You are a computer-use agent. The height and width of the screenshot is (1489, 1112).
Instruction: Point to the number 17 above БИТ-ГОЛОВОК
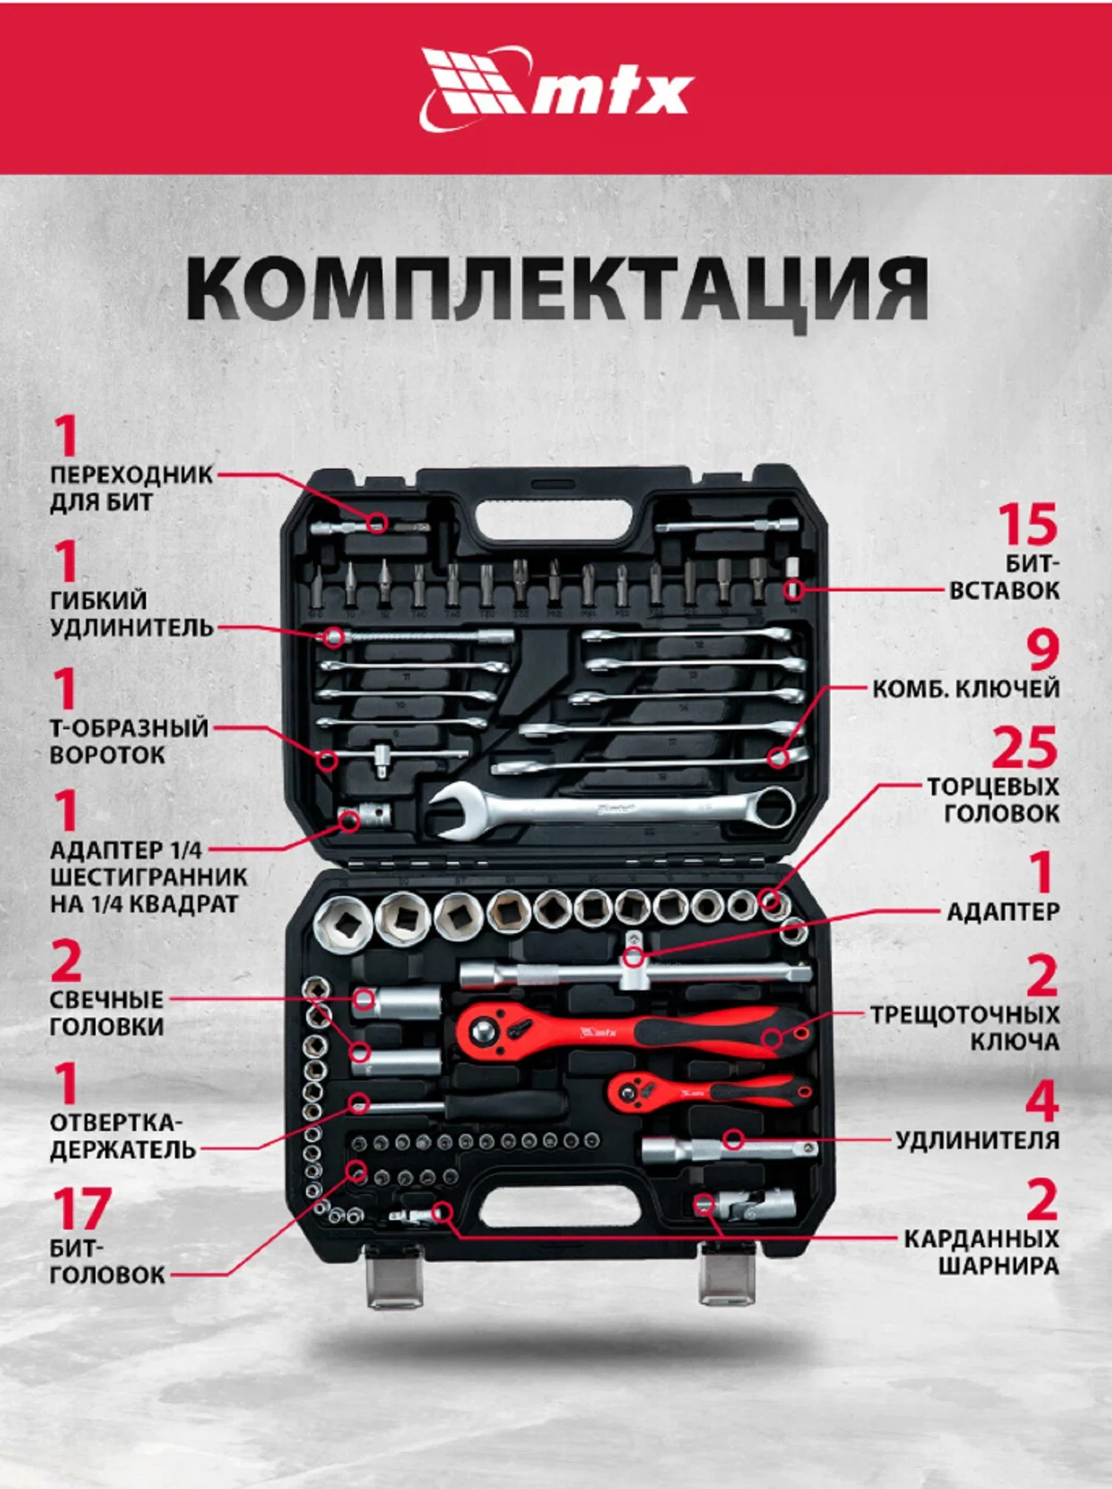tap(82, 1210)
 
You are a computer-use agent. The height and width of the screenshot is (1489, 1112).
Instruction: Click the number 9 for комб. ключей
tap(1042, 650)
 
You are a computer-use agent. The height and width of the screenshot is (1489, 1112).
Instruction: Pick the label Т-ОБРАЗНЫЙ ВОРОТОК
tap(128, 741)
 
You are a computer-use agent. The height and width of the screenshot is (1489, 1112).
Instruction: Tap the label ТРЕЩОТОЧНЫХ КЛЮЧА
tap(964, 1028)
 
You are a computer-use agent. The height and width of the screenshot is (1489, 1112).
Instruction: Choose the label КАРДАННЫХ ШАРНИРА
tap(980, 1252)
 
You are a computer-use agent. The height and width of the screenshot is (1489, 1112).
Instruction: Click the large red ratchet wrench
tap(630, 1030)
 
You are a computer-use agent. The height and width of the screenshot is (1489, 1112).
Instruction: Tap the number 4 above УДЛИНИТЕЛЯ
tap(1042, 1101)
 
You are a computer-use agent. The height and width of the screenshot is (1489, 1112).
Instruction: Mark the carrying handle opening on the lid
tap(555, 525)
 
